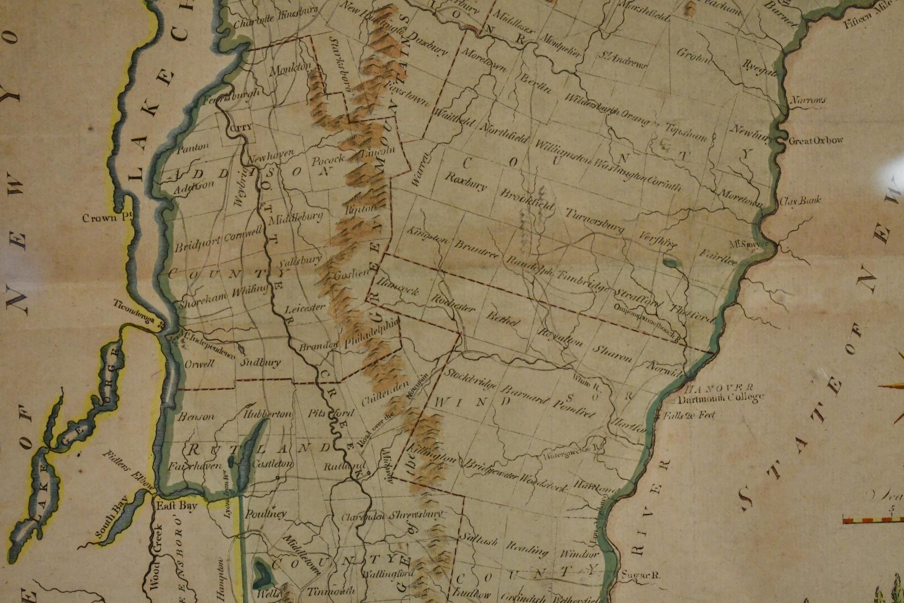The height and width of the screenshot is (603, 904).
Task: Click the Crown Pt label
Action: pos(106,218)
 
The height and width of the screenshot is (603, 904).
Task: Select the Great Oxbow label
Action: pos(815,141)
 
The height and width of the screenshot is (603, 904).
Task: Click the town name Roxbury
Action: pos(465,182)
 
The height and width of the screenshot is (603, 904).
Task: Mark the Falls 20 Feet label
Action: pos(689,415)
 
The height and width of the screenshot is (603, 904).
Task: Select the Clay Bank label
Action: pos(800,200)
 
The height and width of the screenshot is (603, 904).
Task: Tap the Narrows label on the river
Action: pos(808,100)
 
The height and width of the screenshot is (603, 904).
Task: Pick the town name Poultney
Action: pos(266,514)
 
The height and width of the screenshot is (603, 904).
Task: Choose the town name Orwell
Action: pos(199,364)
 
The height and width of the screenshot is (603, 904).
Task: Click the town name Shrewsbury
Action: pos(415,515)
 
